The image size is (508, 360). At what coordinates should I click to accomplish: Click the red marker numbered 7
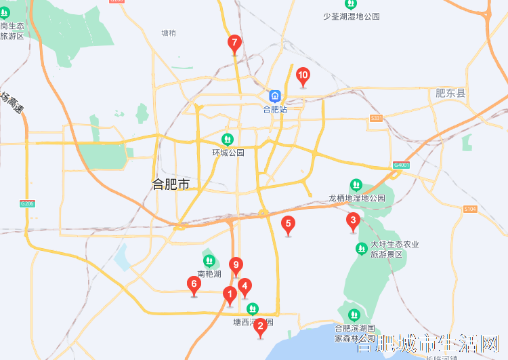coord(234,44)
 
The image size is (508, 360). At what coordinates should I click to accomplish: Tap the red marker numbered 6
coord(194,285)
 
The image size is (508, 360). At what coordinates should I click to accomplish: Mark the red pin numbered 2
coord(259,326)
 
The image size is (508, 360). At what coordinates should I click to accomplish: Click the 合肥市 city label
coord(171,184)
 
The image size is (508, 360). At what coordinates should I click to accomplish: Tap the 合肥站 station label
coord(275,108)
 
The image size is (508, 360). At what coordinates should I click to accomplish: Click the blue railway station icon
coord(275,96)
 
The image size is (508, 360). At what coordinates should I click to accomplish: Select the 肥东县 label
coord(450,93)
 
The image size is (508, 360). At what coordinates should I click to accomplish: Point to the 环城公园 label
coord(228,153)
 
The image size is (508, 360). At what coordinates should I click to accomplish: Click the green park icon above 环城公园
coord(228,140)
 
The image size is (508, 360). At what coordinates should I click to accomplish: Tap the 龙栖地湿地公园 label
coord(357,198)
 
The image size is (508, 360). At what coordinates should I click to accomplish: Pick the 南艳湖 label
coord(209,274)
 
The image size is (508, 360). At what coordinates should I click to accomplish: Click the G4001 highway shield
coord(402,165)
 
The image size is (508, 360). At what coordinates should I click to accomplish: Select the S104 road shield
coord(471,209)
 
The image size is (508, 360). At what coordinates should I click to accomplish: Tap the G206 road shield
coord(27,203)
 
